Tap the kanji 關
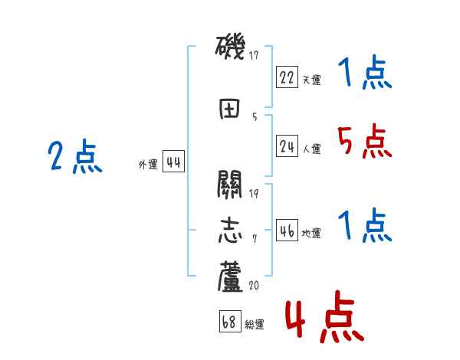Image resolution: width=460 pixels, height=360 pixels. point(230,185)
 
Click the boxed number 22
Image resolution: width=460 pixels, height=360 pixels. point(287,77)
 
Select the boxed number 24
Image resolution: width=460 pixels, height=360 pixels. point(287,146)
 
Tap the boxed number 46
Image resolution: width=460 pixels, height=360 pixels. point(287,231)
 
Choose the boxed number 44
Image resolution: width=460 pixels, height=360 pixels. point(172,162)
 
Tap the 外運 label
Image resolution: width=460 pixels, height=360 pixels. point(147,164)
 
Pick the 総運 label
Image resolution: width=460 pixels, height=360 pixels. point(255,324)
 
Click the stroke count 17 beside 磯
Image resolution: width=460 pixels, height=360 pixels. point(254,54)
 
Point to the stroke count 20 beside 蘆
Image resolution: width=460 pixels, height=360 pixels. point(254,285)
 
